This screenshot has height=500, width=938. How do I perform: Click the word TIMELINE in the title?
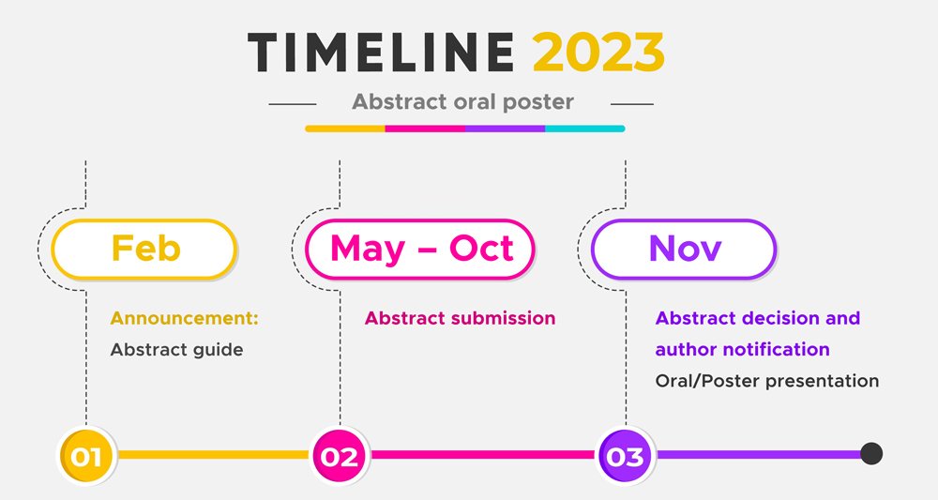point(381,52)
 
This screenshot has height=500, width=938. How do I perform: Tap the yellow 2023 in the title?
point(598,52)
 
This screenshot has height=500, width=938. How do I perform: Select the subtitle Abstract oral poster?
point(462,102)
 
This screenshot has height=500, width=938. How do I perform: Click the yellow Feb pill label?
point(144,249)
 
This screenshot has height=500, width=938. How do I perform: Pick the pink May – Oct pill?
point(420,249)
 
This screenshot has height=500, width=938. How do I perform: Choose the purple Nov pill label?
point(684,249)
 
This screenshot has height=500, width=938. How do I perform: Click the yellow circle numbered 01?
point(86,456)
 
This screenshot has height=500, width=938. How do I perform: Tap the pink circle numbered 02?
point(340,456)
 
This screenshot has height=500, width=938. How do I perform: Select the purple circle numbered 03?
point(626,456)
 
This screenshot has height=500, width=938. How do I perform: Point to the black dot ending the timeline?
point(871,454)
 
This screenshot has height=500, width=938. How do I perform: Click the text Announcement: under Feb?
point(184,318)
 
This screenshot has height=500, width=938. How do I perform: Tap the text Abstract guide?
point(176,350)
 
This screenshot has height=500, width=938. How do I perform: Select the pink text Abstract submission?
point(460,318)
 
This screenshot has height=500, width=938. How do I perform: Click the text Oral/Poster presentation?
point(767,381)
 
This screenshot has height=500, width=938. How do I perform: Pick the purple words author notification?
point(742,349)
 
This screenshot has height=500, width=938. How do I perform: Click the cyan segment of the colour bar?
point(585,129)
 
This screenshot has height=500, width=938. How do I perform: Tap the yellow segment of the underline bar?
point(345,129)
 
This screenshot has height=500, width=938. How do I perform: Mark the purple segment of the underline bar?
point(505,129)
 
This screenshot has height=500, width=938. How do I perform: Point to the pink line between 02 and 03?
point(483,455)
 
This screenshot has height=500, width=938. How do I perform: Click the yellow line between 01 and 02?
point(213,455)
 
